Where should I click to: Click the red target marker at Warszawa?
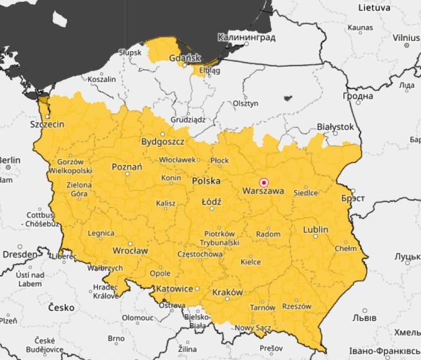click(x=264, y=183)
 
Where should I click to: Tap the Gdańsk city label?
click(x=185, y=58)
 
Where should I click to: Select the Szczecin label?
click(x=47, y=124)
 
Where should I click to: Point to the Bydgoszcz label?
click(x=162, y=142)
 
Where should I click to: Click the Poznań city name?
click(x=127, y=167)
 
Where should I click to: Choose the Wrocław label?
click(x=130, y=250)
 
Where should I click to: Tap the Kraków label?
click(x=227, y=292)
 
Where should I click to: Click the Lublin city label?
click(x=315, y=230)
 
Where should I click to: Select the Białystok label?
click(x=335, y=127)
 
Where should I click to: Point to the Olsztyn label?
click(x=246, y=103)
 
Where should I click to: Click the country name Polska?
click(x=206, y=181)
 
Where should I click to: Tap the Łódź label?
click(x=211, y=202)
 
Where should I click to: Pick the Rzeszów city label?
click(x=297, y=306)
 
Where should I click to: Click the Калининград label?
click(x=246, y=38)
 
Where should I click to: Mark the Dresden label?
click(x=20, y=254)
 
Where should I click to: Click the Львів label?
click(x=364, y=318)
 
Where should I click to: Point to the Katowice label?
click(x=174, y=289)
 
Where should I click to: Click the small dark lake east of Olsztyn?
click(x=288, y=98)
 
